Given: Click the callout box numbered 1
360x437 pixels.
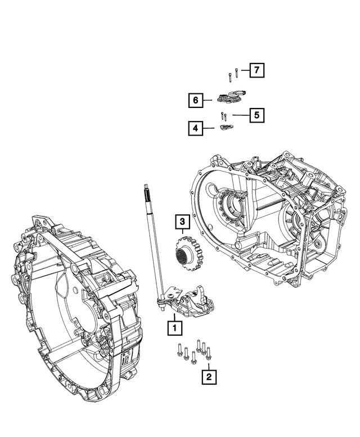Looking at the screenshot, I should pos(174,327).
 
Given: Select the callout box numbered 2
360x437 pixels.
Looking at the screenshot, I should pos(209,375).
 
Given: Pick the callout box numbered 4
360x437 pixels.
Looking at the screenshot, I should pos(195,129).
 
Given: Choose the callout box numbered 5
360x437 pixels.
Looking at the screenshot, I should pos(255,115).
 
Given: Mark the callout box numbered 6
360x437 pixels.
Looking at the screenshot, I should pos(195,100).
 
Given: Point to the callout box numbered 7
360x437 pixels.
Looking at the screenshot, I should pos(256,70).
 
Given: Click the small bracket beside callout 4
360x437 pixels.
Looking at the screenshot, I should pos(225,128).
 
